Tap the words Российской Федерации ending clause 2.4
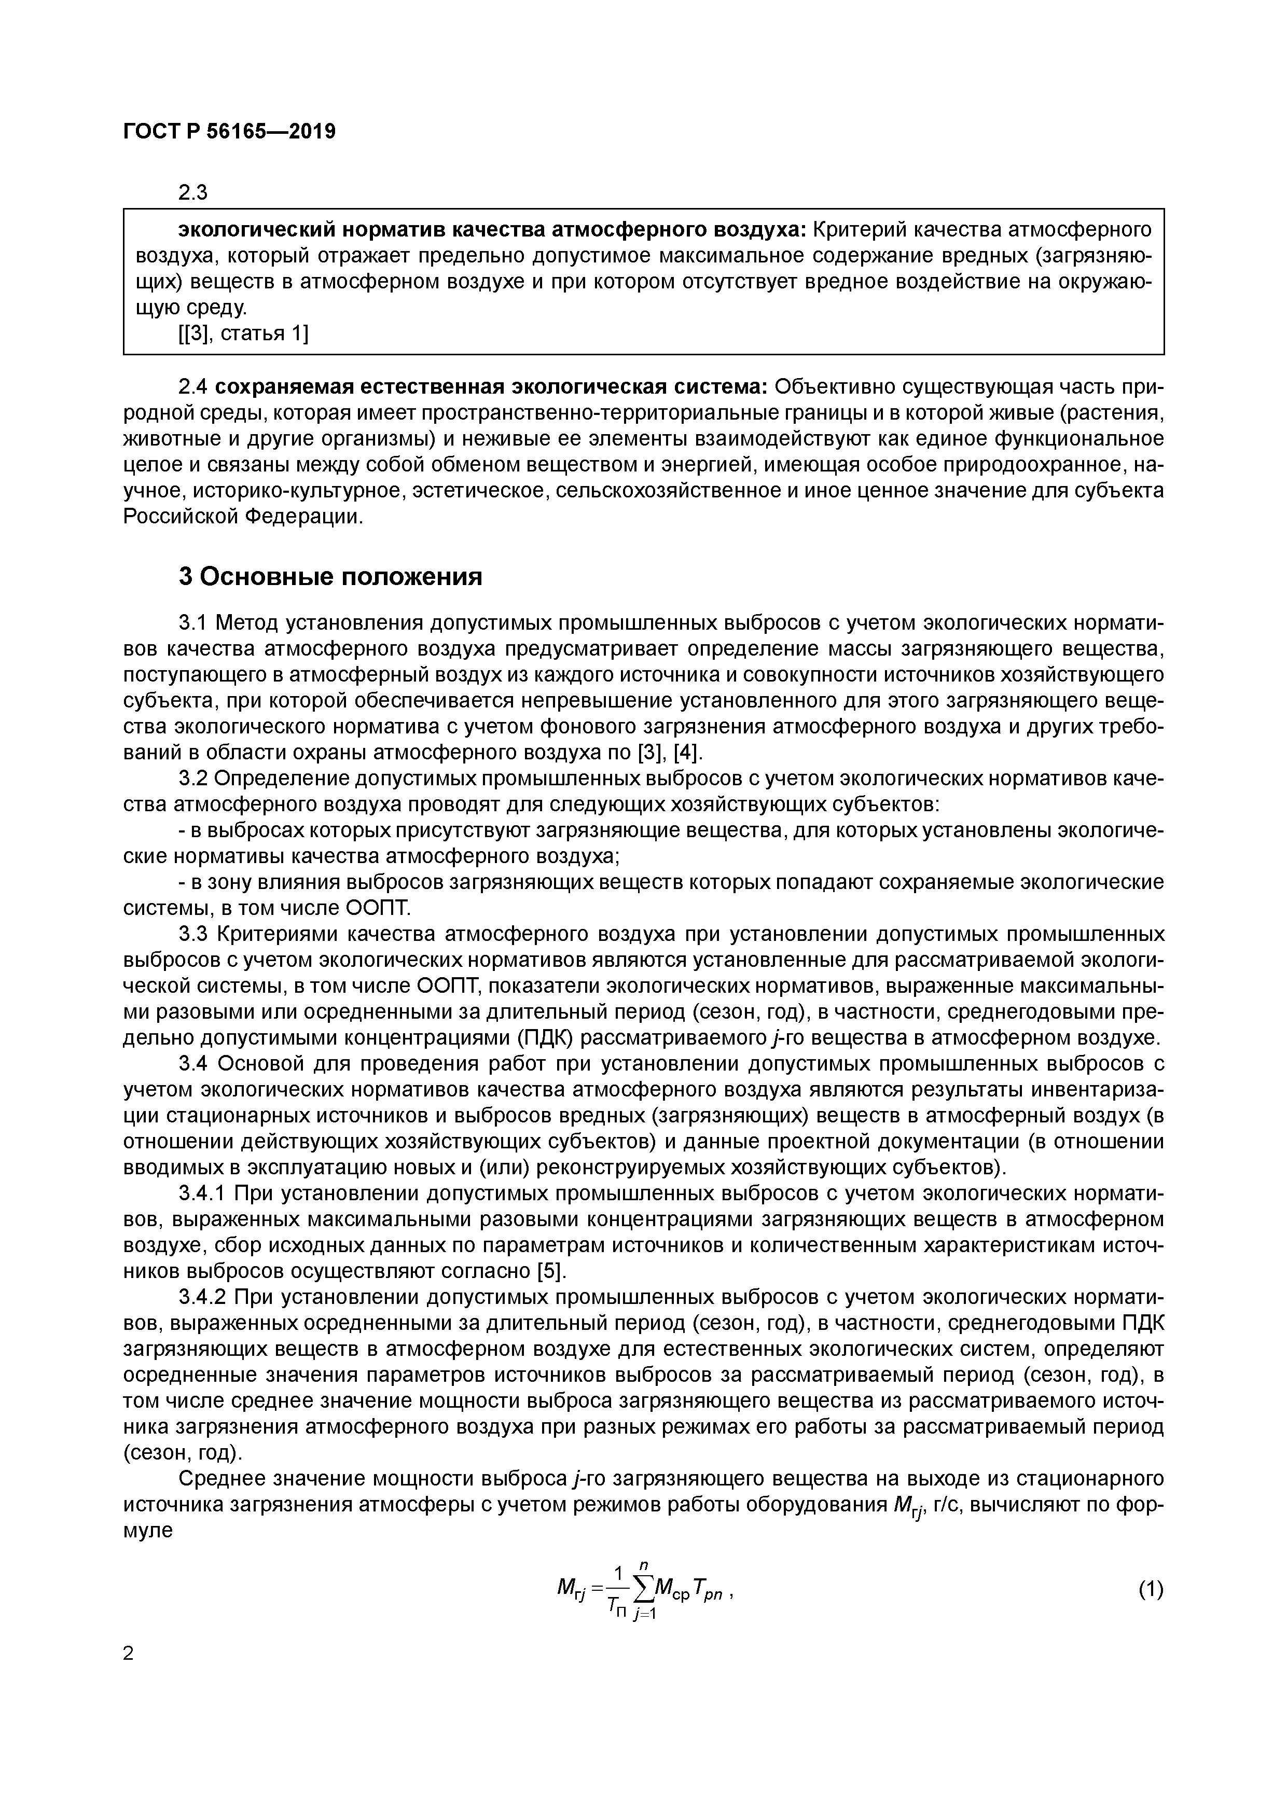241,517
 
